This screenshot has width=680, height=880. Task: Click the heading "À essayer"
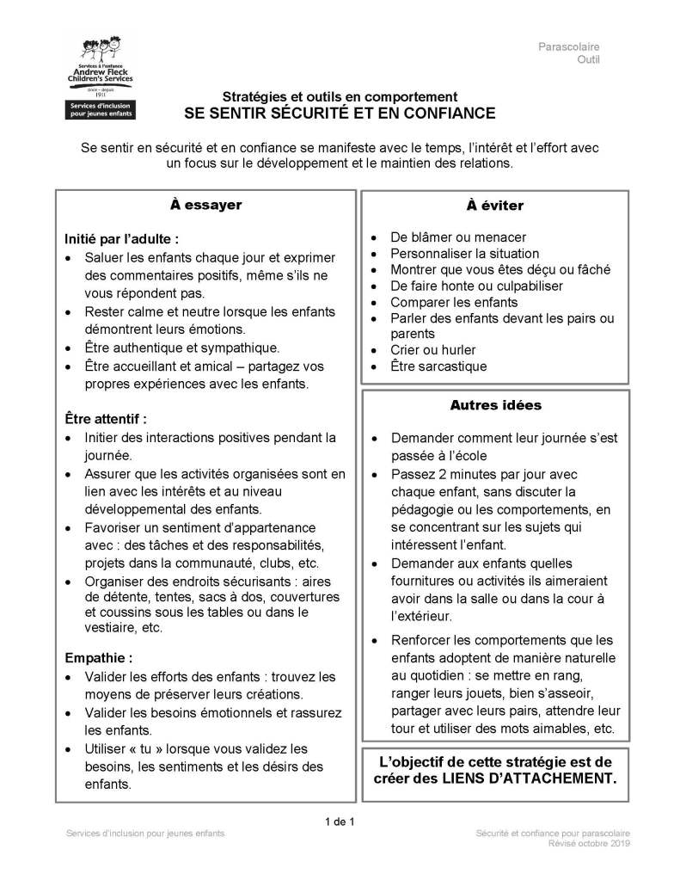pos(205,206)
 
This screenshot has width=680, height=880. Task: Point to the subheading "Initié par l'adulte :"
pos(122,239)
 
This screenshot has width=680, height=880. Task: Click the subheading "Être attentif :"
pos(107,419)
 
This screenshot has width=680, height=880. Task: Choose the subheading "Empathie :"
pos(99,659)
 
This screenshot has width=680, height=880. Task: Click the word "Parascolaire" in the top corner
pos(569,46)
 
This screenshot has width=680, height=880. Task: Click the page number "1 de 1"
pos(340,822)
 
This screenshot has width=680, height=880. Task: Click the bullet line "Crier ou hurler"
pos(432,350)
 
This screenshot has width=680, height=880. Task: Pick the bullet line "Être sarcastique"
pos(438,366)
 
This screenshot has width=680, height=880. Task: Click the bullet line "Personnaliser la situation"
pos(465,254)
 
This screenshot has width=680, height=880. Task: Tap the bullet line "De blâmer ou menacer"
pos(458,237)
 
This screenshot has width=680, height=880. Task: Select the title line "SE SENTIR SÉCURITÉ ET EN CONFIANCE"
pos(340,113)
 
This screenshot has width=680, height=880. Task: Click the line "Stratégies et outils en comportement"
pos(340,97)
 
